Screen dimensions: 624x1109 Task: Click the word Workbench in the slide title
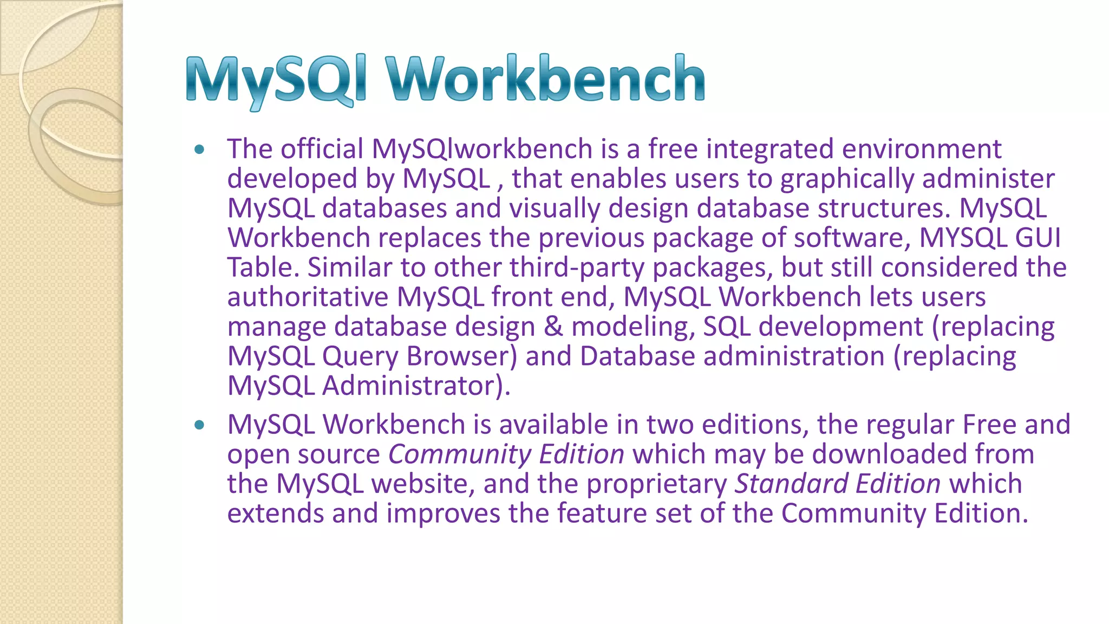545,80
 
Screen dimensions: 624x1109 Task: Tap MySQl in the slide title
277,81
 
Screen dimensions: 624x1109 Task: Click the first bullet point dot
200,149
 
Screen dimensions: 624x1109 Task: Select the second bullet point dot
200,425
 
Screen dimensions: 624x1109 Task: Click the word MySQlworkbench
482,149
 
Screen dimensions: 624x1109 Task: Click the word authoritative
308,297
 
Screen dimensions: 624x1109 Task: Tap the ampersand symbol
553,327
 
